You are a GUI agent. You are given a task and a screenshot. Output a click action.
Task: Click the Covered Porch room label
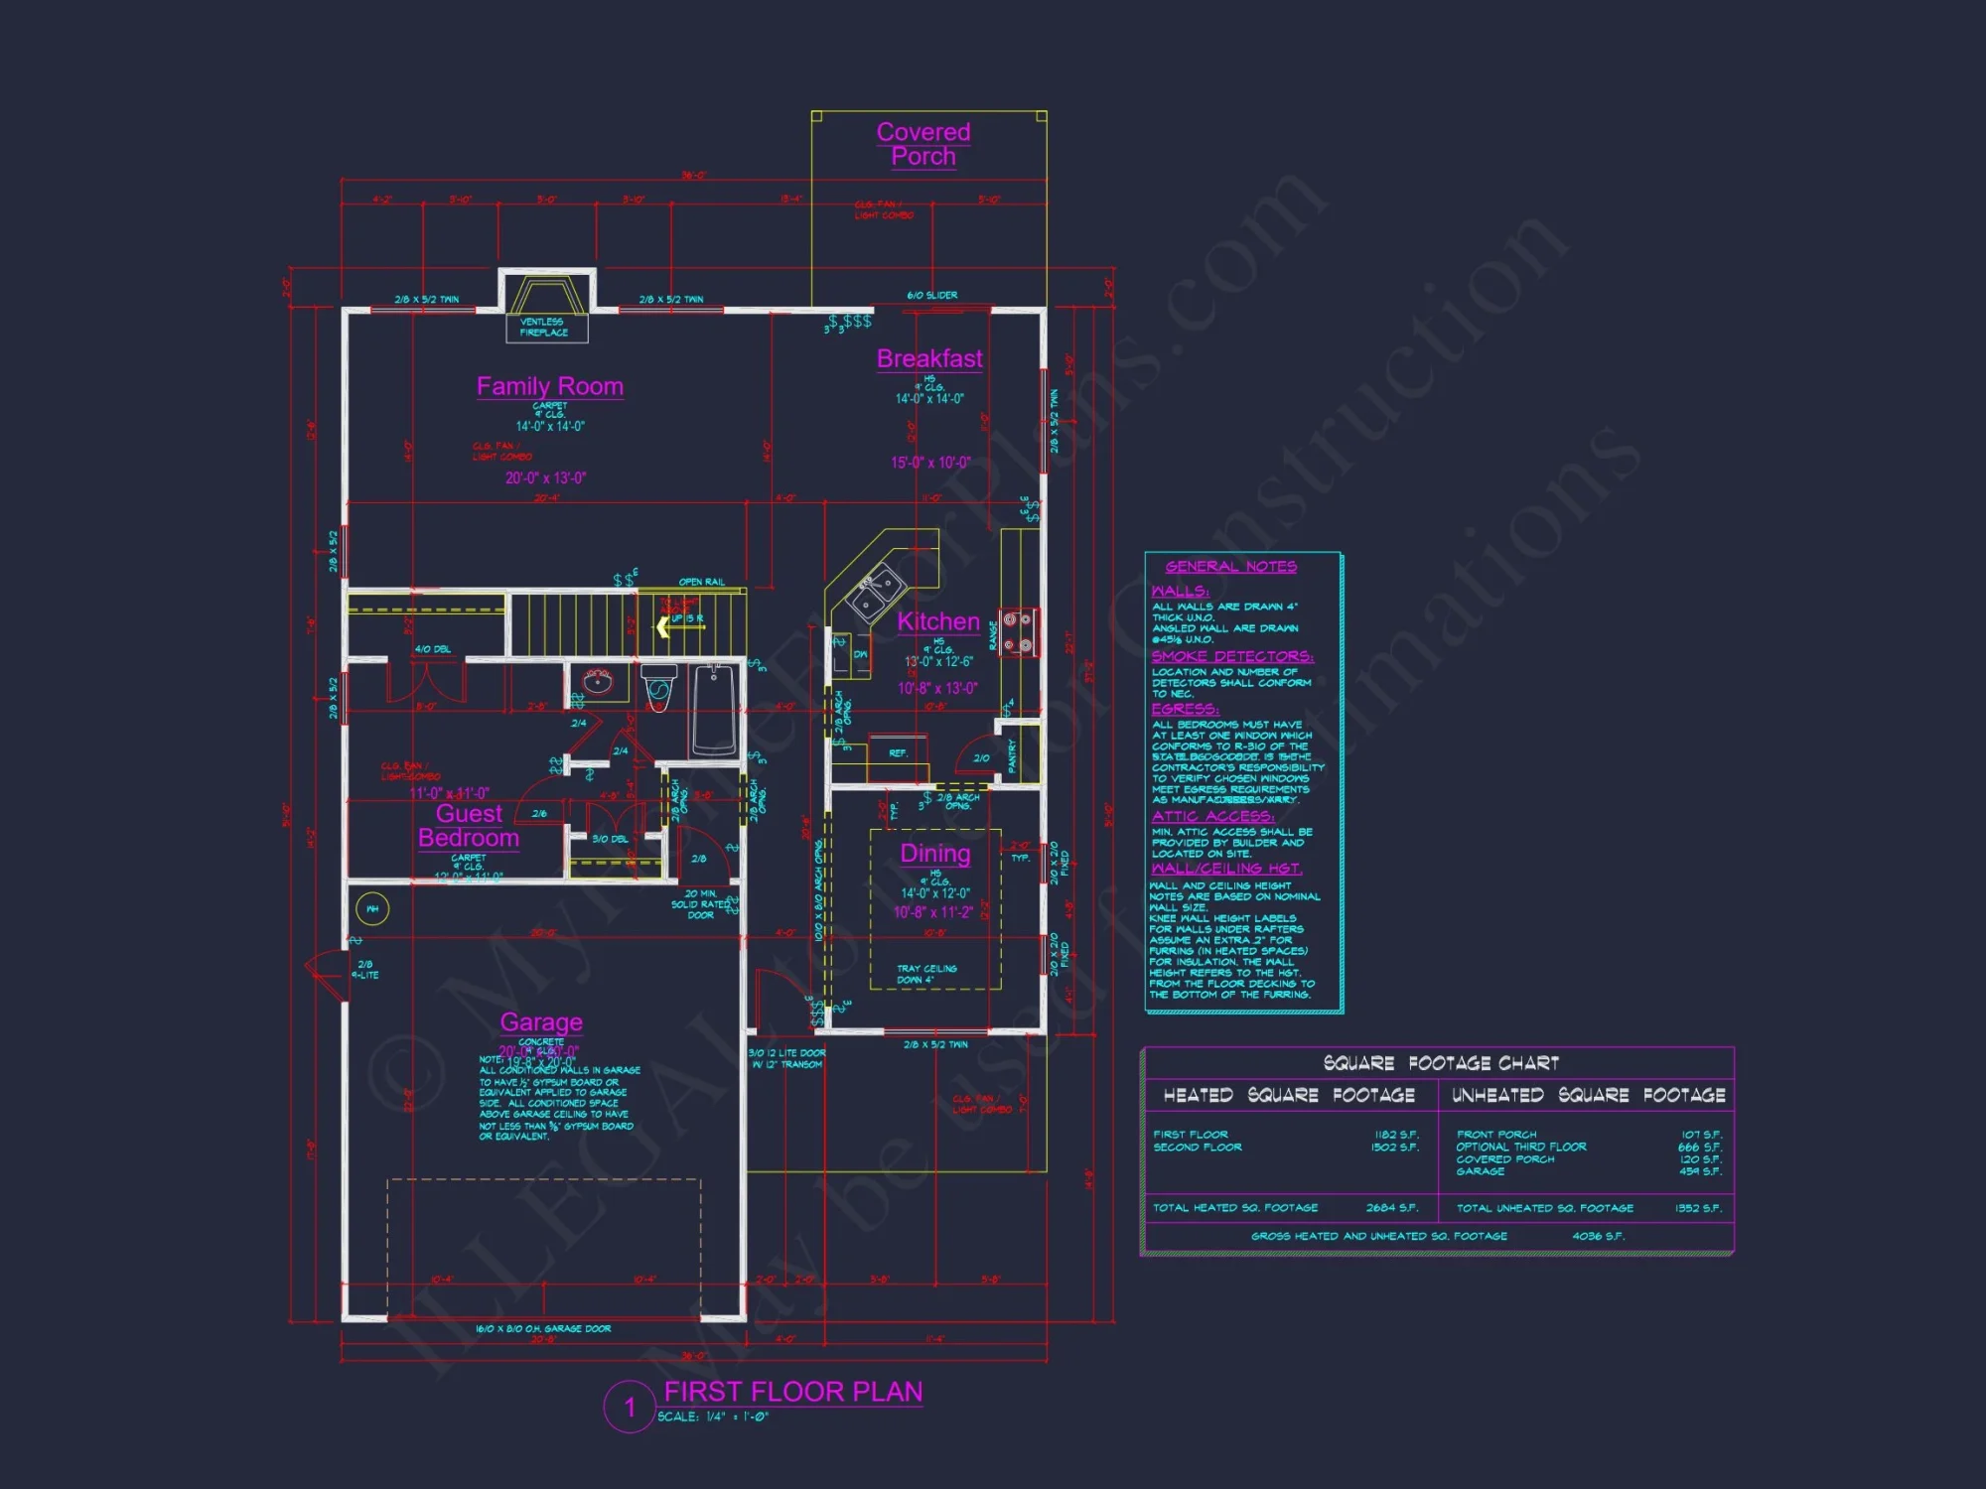922,144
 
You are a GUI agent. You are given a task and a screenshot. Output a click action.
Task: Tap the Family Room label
549,386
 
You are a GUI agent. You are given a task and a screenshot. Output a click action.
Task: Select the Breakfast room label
929,358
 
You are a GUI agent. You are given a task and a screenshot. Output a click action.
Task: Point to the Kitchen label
938,621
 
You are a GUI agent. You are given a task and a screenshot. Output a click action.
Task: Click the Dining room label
934,853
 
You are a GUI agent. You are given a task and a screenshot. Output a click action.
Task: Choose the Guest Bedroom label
469,826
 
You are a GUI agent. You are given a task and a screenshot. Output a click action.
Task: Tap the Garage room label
541,1021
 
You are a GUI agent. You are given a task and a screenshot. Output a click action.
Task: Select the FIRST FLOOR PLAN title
792,1392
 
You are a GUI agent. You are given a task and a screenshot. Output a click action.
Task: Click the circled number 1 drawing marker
630,1407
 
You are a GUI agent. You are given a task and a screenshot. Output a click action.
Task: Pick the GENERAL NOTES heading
1230,567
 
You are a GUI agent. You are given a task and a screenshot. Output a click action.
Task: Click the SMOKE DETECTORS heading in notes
1232,656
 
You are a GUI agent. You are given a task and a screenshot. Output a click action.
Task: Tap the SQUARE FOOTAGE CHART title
1441,1063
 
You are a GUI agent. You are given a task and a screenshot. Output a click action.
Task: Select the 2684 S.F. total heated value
1392,1208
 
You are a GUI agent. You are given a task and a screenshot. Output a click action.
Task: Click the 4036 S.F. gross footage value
1598,1236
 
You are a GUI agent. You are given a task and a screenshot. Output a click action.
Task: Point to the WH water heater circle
372,908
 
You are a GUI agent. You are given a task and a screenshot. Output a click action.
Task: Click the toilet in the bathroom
658,686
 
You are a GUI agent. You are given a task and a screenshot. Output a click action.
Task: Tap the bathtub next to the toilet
714,709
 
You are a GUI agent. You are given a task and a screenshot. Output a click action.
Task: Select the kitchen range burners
1018,632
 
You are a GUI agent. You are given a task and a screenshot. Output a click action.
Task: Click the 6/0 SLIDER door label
931,295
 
